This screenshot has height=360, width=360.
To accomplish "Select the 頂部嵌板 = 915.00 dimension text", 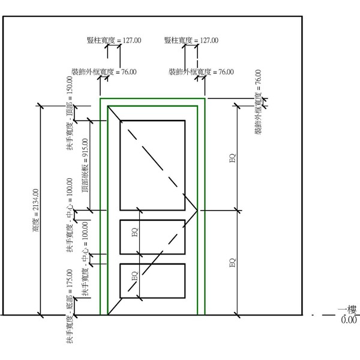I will click(x=85, y=165).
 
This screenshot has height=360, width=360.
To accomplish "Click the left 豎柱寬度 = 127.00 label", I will click(x=114, y=41).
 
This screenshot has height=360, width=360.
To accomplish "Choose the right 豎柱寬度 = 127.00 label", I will click(x=191, y=41).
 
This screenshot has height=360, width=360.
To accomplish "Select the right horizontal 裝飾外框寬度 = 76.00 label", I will click(x=201, y=72).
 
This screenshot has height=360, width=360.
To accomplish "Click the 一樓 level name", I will click(x=347, y=310).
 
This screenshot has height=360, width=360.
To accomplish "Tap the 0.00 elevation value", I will click(x=349, y=320).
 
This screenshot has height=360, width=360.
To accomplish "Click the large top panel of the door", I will click(x=152, y=164).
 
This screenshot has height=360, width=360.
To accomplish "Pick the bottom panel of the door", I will click(x=152, y=281).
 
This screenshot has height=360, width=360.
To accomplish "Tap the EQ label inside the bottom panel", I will click(x=135, y=277).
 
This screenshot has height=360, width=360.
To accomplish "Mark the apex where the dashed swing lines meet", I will click(x=197, y=211).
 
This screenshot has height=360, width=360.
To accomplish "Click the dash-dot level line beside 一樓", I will click(x=325, y=314).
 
